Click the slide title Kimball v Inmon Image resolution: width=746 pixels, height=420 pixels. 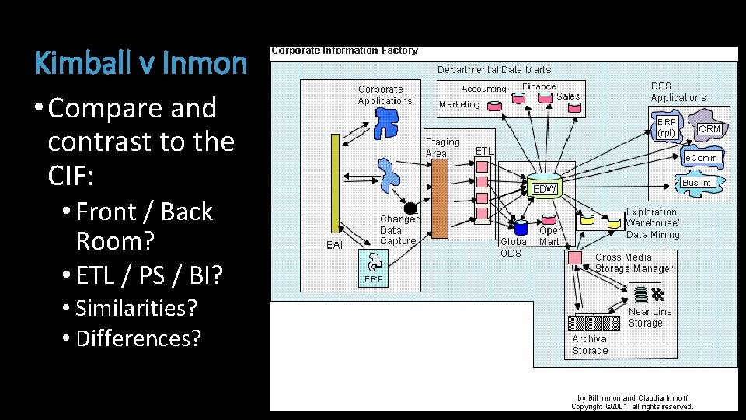point(141,62)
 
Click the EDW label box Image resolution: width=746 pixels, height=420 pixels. point(545,189)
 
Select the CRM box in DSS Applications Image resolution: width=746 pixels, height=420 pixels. point(709,128)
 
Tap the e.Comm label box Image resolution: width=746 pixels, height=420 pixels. point(702,158)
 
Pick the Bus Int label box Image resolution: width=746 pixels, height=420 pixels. point(696,183)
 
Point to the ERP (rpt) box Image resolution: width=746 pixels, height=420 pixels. point(667,128)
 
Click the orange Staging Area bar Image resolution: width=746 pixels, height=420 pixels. point(439,198)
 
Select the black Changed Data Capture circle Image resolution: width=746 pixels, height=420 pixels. point(410,208)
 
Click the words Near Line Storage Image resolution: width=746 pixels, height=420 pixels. point(650,317)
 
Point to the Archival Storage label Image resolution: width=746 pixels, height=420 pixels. point(591,345)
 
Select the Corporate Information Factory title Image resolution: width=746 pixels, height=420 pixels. point(344,51)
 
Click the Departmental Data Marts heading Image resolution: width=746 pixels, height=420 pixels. point(493,69)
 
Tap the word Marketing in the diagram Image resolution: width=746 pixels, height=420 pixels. point(459,104)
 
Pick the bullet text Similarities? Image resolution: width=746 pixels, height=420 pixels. point(136,308)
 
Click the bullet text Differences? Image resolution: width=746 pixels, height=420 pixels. point(138,339)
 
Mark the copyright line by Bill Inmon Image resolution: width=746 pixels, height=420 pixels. point(632,402)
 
